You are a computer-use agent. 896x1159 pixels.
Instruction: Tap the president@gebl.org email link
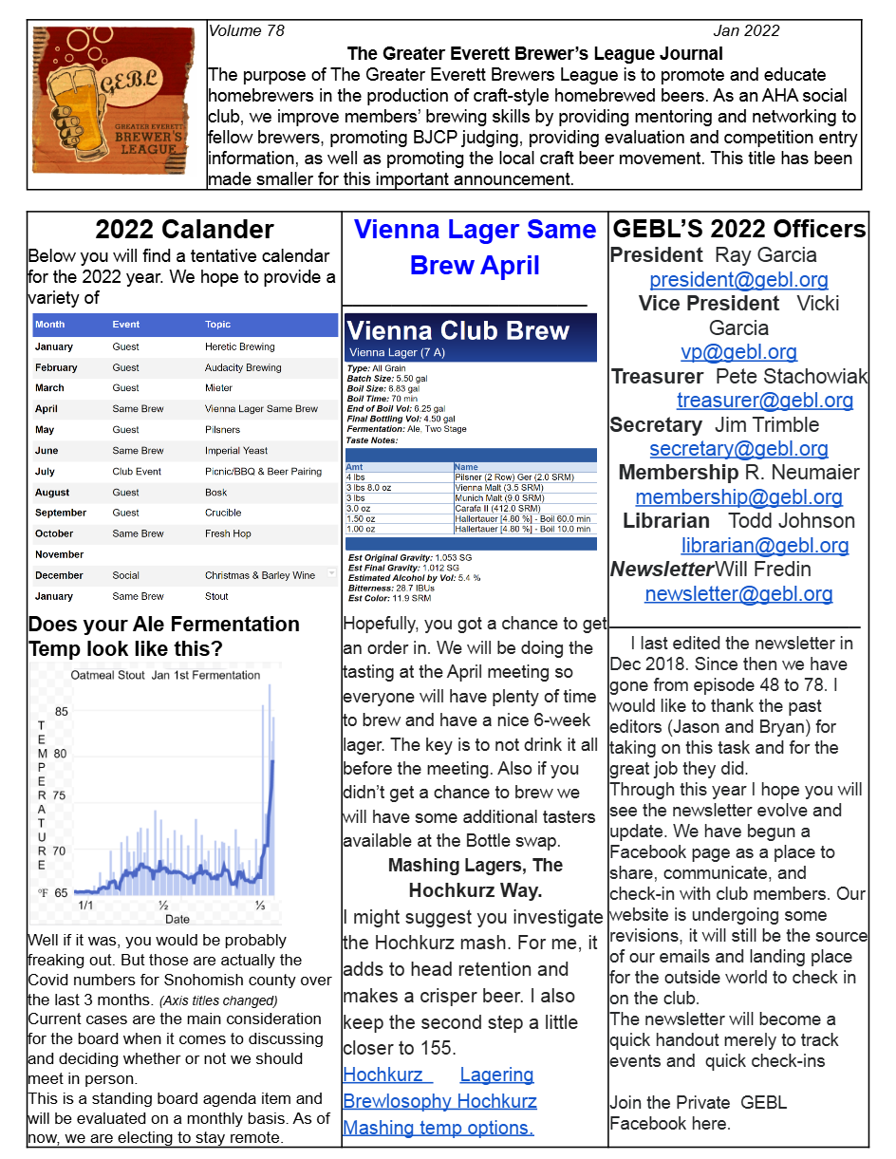click(738, 280)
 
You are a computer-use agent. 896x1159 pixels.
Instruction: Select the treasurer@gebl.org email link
click(764, 401)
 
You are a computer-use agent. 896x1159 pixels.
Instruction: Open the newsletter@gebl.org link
click(738, 594)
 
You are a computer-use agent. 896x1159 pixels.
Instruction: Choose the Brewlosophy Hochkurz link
click(439, 1101)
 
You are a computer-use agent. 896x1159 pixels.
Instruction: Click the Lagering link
click(496, 1075)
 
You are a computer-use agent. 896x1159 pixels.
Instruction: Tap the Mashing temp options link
click(438, 1128)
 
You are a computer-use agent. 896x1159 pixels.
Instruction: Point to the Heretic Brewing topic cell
click(239, 347)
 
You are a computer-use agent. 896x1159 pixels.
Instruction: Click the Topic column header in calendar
click(217, 325)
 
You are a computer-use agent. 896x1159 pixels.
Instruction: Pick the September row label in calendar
click(61, 513)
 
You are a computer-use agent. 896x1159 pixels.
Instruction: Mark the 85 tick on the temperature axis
click(61, 712)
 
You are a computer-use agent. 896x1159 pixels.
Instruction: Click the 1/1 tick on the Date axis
click(85, 906)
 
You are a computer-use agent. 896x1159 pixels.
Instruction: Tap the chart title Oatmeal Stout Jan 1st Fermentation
click(165, 676)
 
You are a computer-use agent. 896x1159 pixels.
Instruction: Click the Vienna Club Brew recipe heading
click(457, 331)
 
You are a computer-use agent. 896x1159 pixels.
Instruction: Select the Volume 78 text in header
click(247, 31)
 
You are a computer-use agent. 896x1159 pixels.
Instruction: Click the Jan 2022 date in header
click(746, 31)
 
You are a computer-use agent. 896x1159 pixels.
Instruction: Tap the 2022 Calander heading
click(184, 230)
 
